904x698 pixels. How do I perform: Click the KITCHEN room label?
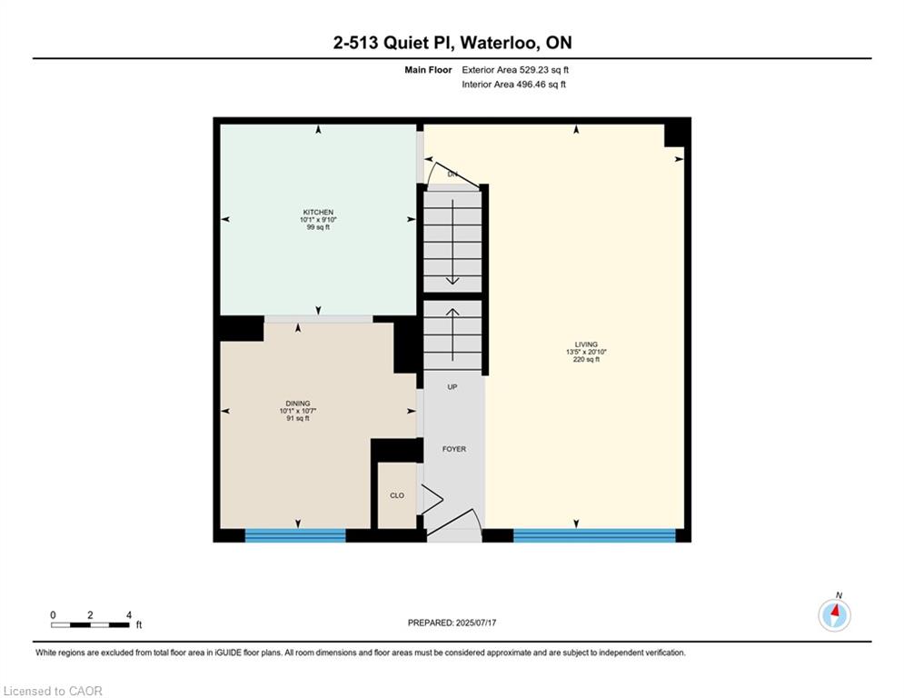[x=318, y=213]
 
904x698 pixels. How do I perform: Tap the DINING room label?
[x=298, y=404]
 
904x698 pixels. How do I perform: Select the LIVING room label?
[x=586, y=344]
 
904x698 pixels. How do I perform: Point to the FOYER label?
[x=454, y=449]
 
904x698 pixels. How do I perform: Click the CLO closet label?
[x=397, y=495]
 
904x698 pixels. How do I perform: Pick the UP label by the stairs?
[x=452, y=387]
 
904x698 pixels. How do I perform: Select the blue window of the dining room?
[x=295, y=535]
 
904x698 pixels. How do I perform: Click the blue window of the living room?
[x=594, y=535]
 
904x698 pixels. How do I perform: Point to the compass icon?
[x=834, y=615]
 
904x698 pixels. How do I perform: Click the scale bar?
[x=91, y=624]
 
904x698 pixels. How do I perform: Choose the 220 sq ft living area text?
[x=586, y=359]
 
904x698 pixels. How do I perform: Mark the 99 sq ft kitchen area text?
[x=318, y=227]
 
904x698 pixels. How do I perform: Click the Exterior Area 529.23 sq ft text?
[x=515, y=70]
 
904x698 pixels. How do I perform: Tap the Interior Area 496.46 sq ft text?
[x=513, y=85]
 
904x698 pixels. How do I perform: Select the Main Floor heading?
[x=428, y=70]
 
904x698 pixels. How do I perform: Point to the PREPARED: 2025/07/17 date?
[x=452, y=623]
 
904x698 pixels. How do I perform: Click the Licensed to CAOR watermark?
[x=53, y=691]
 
